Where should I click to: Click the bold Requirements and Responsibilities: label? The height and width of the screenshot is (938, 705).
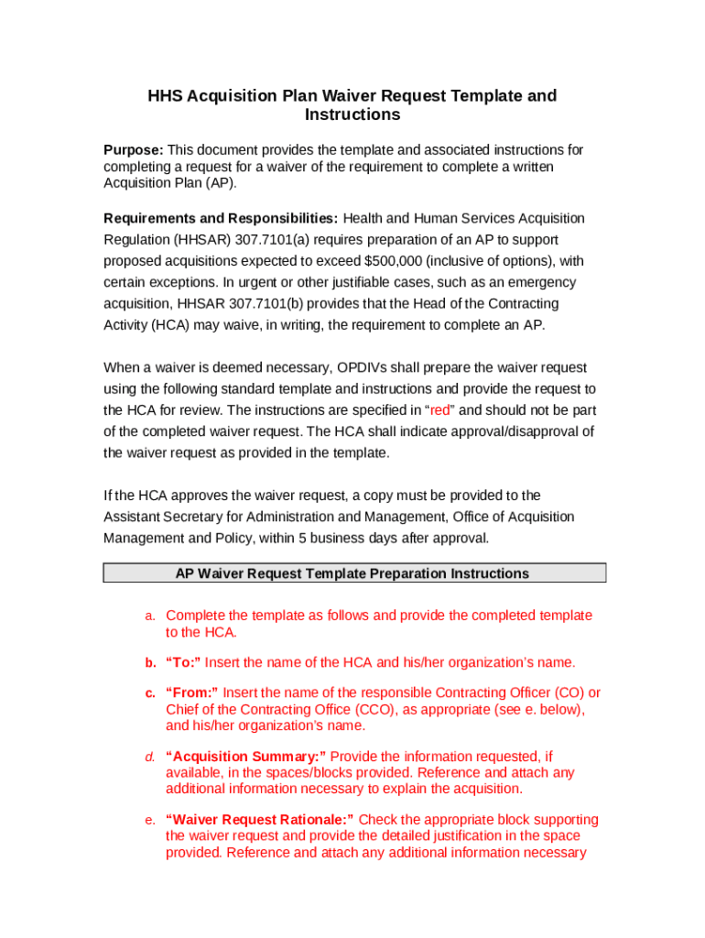pyautogui.click(x=221, y=218)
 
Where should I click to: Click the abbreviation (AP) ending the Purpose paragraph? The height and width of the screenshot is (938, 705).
pyautogui.click(x=221, y=182)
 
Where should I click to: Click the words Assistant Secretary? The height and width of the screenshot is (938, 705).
pyautogui.click(x=163, y=517)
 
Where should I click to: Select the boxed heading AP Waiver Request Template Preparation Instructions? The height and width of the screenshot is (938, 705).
pyautogui.click(x=352, y=573)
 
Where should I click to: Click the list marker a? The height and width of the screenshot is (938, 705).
pyautogui.click(x=150, y=616)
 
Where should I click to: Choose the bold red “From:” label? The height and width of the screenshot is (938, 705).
pyautogui.click(x=192, y=693)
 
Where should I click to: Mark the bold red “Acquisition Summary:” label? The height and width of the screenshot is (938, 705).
pyautogui.click(x=245, y=757)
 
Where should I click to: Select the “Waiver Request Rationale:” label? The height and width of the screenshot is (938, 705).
pyautogui.click(x=260, y=820)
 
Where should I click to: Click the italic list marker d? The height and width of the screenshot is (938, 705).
pyautogui.click(x=149, y=757)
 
